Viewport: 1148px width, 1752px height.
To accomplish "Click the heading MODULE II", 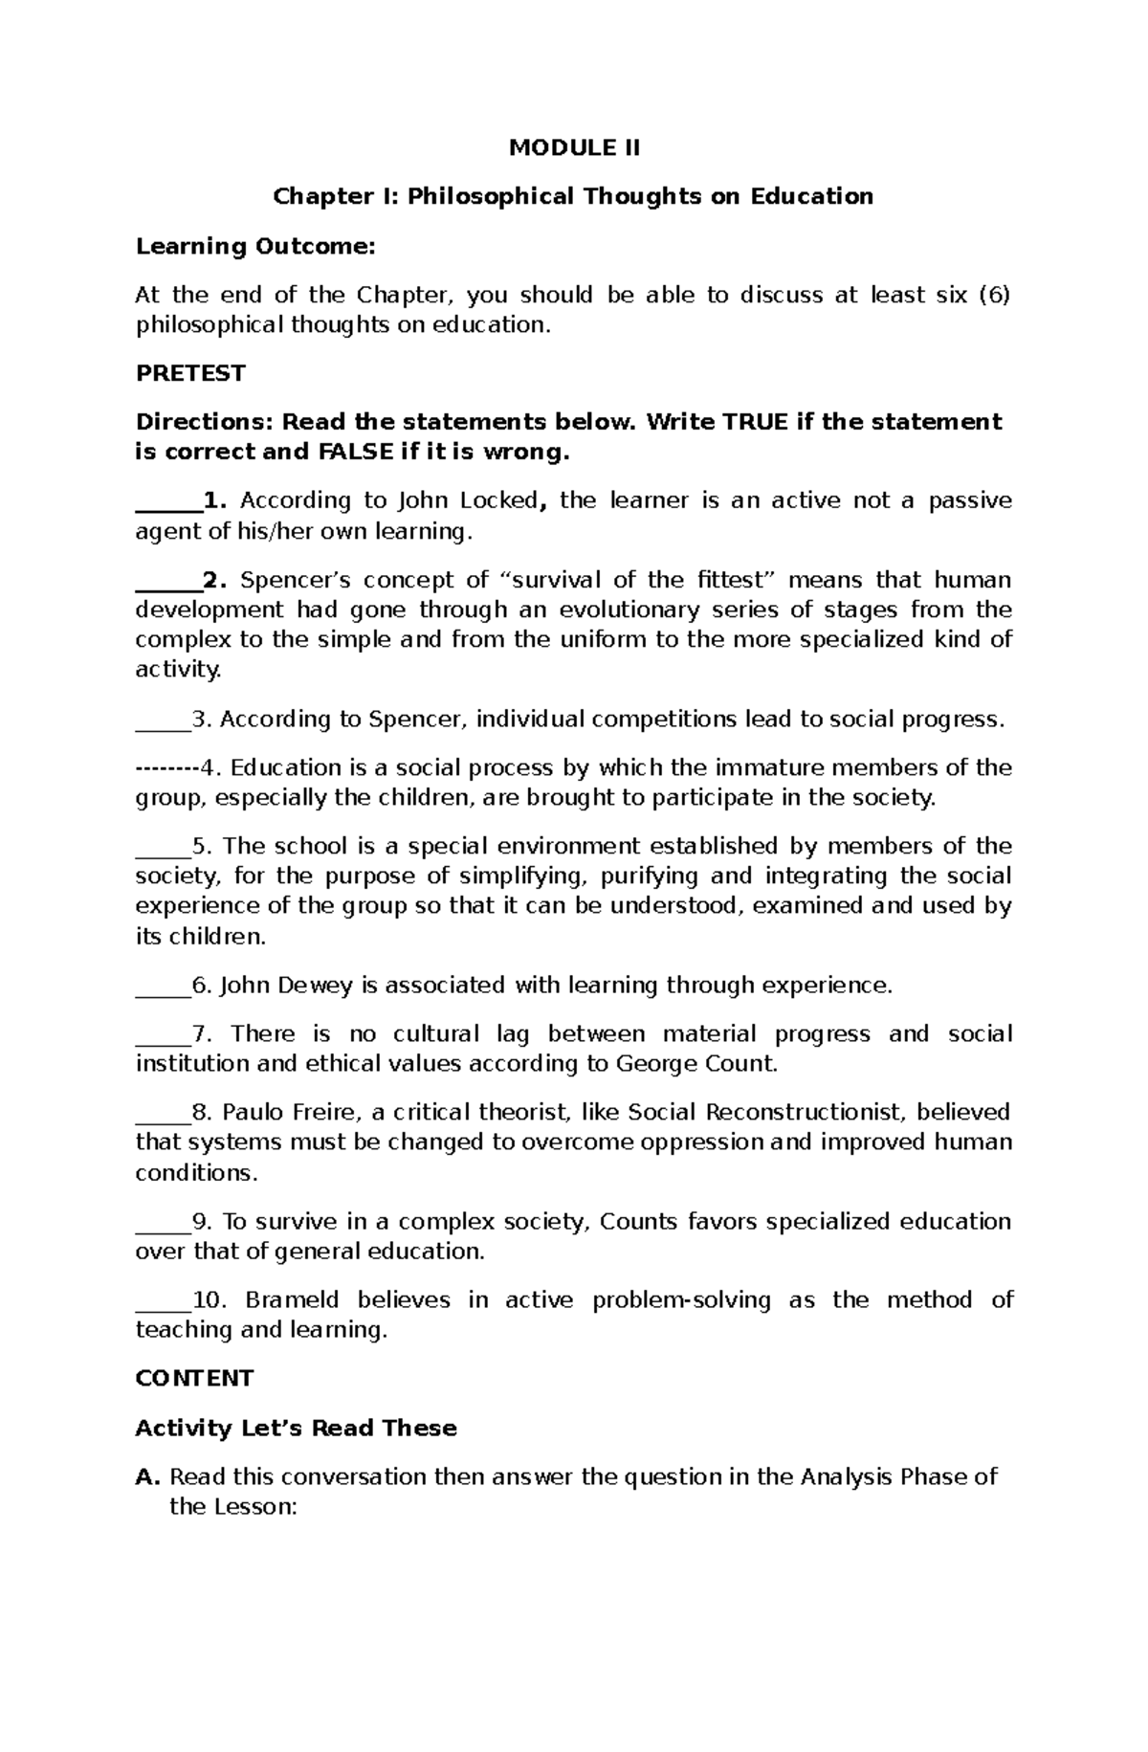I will click(573, 147).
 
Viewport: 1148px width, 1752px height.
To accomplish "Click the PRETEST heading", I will click(190, 373).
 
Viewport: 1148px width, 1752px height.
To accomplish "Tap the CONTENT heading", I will click(194, 1378).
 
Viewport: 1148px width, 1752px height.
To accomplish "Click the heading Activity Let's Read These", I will click(296, 1428).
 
